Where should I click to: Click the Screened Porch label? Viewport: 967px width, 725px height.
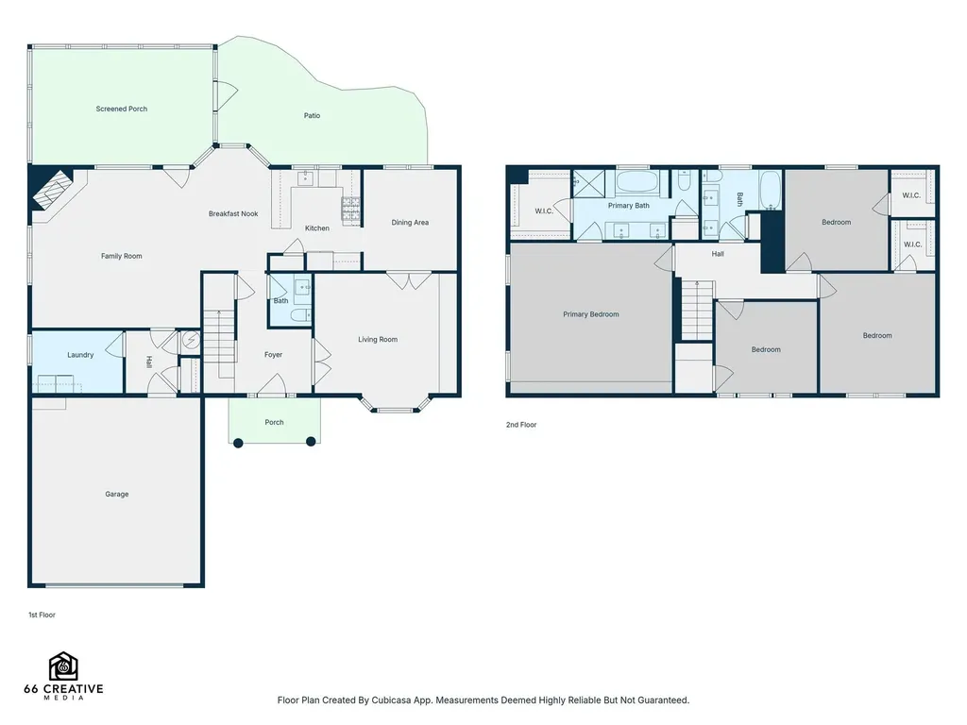[122, 110]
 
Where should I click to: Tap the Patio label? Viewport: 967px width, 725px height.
[312, 116]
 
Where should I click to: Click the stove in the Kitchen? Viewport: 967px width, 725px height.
[351, 209]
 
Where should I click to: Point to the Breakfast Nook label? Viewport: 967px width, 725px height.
[233, 214]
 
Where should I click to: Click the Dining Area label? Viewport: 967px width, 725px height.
[410, 223]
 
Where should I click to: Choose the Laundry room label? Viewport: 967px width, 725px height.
[81, 355]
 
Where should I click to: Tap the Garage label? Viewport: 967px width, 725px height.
[117, 495]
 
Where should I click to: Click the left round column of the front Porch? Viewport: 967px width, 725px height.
[239, 442]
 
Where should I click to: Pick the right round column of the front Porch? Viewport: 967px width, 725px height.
[312, 442]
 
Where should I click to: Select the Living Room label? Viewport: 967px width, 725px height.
[378, 340]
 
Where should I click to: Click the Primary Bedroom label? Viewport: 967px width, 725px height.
[591, 314]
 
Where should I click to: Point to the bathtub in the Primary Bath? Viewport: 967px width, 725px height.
[637, 183]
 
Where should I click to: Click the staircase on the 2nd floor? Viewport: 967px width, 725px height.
[698, 310]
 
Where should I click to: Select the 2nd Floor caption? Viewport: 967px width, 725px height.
[521, 425]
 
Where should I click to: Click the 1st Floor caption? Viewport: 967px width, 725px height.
[42, 615]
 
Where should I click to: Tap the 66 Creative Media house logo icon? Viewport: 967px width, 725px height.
[63, 666]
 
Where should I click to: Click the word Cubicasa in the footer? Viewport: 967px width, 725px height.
[392, 700]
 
